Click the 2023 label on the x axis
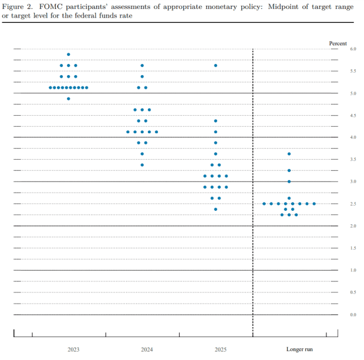click(73, 349)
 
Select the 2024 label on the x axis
click(147, 349)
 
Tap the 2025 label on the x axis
click(220, 349)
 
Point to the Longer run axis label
click(299, 349)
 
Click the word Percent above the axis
click(338, 43)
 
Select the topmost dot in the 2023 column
click(69, 55)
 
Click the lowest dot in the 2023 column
click(69, 99)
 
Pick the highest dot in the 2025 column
click(215, 65)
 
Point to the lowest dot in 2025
click(215, 209)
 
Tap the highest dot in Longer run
click(289, 154)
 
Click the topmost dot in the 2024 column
click(142, 65)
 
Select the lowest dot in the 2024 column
click(142, 165)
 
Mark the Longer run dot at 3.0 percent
click(289, 181)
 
